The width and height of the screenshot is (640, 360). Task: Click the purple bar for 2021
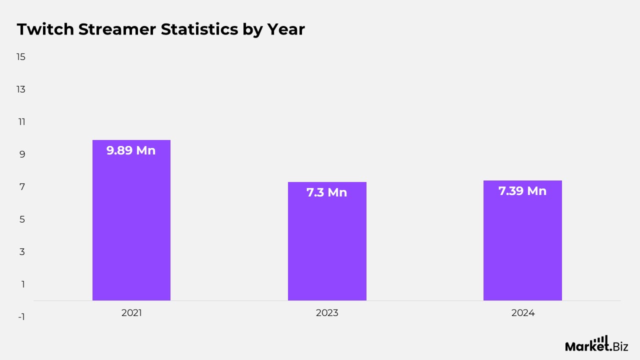[x=131, y=225]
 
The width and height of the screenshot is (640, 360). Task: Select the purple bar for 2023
[x=327, y=245]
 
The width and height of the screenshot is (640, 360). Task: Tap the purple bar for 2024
[x=522, y=245]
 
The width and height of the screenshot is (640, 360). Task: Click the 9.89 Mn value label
[x=131, y=150]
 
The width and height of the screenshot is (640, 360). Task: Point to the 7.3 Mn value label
[x=327, y=192]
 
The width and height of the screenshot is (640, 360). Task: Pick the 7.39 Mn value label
[x=522, y=191]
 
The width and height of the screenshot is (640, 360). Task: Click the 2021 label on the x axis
[x=131, y=313]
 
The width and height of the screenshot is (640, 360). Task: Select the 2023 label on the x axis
[x=327, y=313]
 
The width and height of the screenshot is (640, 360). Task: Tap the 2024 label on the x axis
[x=522, y=313]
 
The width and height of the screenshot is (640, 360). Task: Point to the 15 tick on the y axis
[x=21, y=57]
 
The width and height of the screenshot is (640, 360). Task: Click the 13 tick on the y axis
[x=21, y=89]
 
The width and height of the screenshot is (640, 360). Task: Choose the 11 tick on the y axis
[x=21, y=122]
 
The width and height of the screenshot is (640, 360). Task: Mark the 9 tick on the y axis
[x=22, y=154]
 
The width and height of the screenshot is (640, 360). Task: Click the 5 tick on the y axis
[x=22, y=219]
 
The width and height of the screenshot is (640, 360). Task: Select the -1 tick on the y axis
[x=21, y=317]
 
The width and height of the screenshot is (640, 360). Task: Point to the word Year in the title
[x=285, y=29]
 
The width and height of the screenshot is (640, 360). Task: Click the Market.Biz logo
[x=596, y=344]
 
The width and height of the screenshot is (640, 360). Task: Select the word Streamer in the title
[x=117, y=29]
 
